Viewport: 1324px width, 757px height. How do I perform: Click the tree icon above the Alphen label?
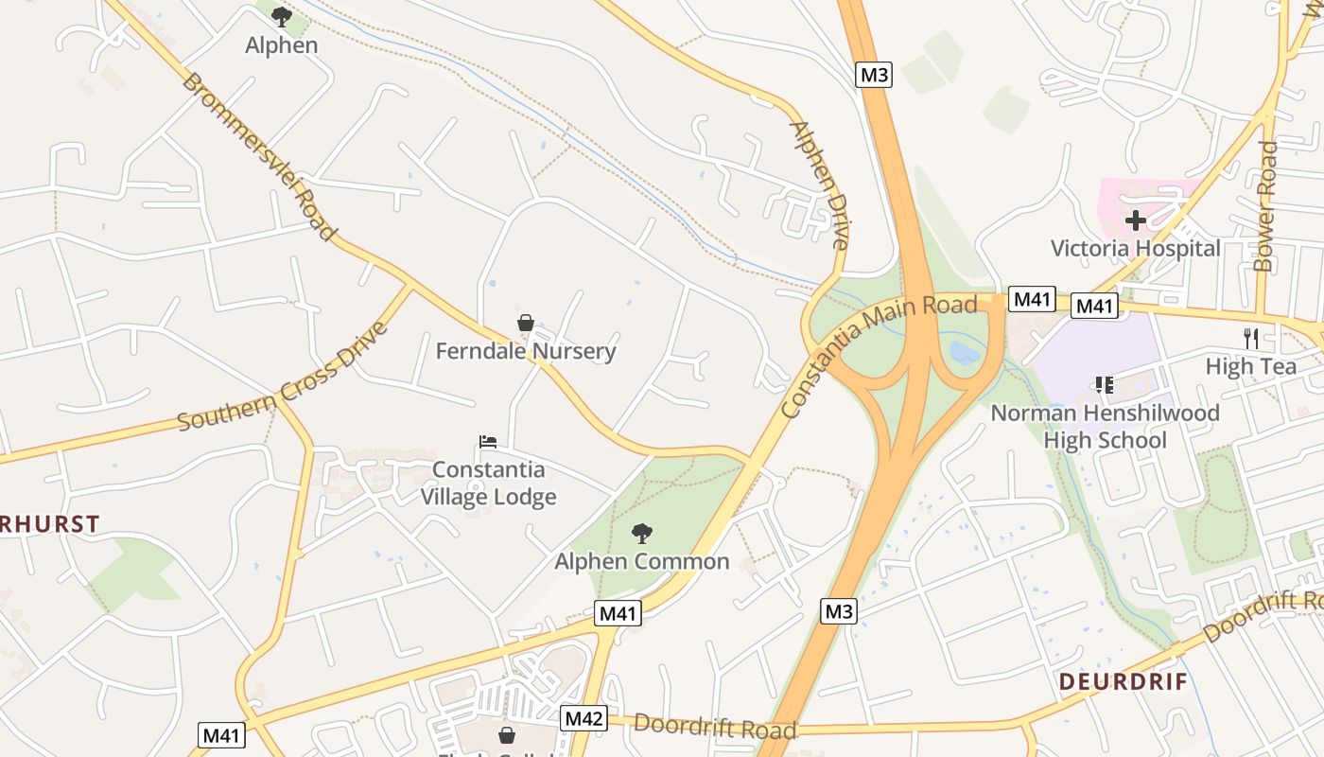[x=281, y=16]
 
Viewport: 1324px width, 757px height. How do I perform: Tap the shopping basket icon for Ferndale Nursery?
[x=526, y=324]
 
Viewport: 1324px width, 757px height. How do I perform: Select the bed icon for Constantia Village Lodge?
[x=488, y=441]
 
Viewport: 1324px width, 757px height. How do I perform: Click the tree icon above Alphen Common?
[x=642, y=533]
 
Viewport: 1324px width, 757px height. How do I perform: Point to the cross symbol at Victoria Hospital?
[x=1136, y=220]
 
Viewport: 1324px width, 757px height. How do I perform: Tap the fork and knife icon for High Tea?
[x=1251, y=339]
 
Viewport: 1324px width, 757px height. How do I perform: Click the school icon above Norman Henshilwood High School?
[x=1104, y=385]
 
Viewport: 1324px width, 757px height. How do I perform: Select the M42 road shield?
[x=583, y=718]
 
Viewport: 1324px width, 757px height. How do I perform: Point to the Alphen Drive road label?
[x=818, y=185]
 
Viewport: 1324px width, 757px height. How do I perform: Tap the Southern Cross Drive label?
[x=283, y=377]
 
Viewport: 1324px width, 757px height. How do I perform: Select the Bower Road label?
[x=1265, y=206]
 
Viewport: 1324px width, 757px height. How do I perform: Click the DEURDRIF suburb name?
[x=1123, y=681]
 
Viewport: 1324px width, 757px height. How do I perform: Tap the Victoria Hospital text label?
[x=1136, y=249]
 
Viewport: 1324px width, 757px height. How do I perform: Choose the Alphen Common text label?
[x=642, y=561]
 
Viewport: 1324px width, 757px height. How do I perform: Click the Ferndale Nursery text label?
[x=526, y=351]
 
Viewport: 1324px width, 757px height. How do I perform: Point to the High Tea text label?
[x=1251, y=366]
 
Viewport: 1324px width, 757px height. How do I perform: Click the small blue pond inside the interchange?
[x=964, y=354]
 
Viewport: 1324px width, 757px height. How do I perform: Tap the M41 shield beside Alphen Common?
[x=618, y=613]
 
